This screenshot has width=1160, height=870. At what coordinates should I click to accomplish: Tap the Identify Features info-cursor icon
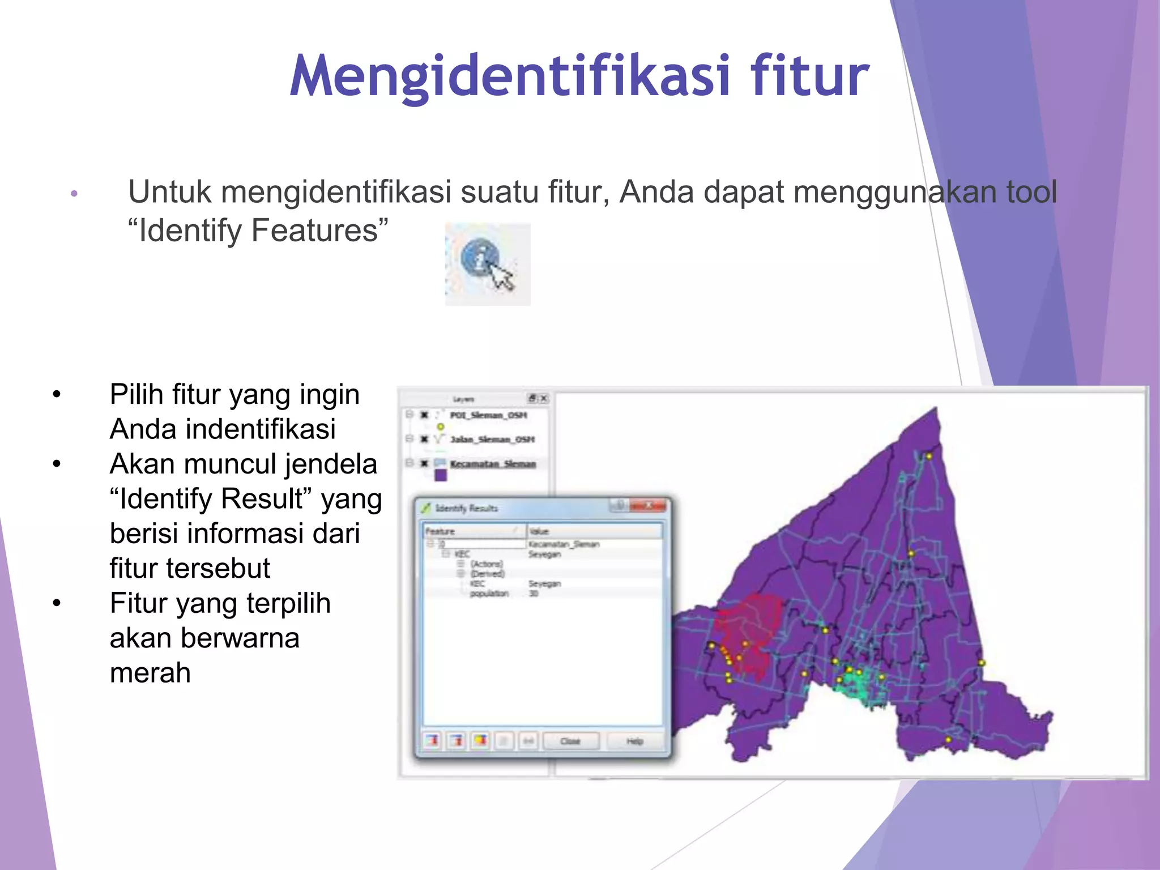pos(487,264)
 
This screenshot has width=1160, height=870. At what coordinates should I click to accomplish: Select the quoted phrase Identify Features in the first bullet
pos(258,231)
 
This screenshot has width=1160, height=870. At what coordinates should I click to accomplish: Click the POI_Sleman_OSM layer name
pos(488,415)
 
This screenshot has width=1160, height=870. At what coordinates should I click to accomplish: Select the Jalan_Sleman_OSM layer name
pos(492,440)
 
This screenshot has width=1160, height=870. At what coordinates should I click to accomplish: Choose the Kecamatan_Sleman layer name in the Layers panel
pos(493,464)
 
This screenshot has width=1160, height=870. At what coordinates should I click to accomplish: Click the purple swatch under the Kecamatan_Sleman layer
pos(441,476)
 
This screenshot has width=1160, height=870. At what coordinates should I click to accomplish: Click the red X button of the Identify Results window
pos(649,505)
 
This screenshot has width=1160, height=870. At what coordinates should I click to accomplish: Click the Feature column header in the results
pos(441,531)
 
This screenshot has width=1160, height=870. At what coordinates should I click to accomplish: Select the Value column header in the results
pos(539,531)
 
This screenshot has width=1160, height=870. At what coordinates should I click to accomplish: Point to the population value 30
pos(534,594)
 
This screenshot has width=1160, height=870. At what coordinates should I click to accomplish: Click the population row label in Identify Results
pos(489,594)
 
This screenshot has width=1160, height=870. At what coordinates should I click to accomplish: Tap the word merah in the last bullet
pos(150,673)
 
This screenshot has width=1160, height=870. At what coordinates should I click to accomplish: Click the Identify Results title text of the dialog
pos(466,508)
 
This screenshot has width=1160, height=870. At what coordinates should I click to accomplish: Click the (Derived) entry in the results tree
pos(488,574)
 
